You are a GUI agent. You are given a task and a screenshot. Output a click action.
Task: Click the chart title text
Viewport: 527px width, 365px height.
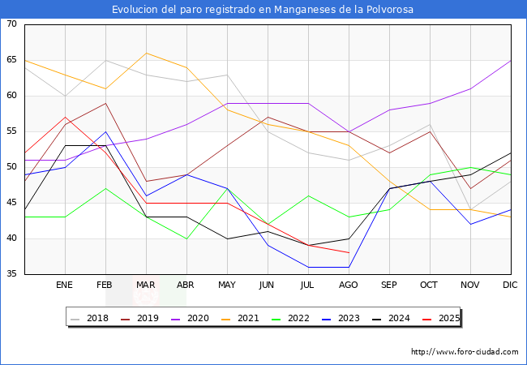263,10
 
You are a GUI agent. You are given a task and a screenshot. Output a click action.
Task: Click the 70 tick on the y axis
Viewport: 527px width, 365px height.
11,24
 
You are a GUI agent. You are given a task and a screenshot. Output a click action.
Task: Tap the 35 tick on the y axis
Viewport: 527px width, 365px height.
11,274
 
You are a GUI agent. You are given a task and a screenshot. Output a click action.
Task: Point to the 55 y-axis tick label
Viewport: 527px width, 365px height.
11,131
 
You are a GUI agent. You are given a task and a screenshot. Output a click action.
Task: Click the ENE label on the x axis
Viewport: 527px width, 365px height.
65,286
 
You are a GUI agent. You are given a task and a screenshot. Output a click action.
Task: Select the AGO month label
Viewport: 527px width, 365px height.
349,286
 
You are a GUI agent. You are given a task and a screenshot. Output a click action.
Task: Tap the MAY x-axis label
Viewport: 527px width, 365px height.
227,286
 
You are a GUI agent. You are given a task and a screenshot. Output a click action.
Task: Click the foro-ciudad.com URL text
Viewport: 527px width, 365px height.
465,352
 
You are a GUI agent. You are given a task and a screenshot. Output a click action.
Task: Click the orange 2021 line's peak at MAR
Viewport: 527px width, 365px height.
146,54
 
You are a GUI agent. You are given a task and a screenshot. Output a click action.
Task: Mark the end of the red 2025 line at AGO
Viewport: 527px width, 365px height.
349,252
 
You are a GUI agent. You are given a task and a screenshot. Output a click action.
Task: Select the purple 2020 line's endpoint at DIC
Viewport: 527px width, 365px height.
511,60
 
